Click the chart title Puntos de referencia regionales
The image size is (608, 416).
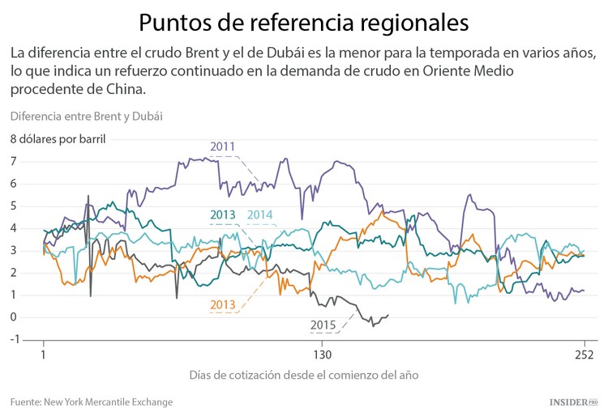coord(303,22)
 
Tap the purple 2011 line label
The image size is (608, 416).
coord(222,146)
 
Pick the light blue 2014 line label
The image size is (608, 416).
coord(259,214)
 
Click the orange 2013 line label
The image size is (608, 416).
coord(222,305)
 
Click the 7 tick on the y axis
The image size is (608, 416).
coord(13,162)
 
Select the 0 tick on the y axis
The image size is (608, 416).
coord(13,316)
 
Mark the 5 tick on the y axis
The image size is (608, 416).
coord(13,206)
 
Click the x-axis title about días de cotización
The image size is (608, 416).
coord(304,376)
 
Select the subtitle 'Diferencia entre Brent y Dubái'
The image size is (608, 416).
coord(87,116)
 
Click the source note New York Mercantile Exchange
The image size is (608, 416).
coord(92,401)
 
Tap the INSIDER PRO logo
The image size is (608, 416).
coord(572,401)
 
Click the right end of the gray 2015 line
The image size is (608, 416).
coord(388,315)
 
